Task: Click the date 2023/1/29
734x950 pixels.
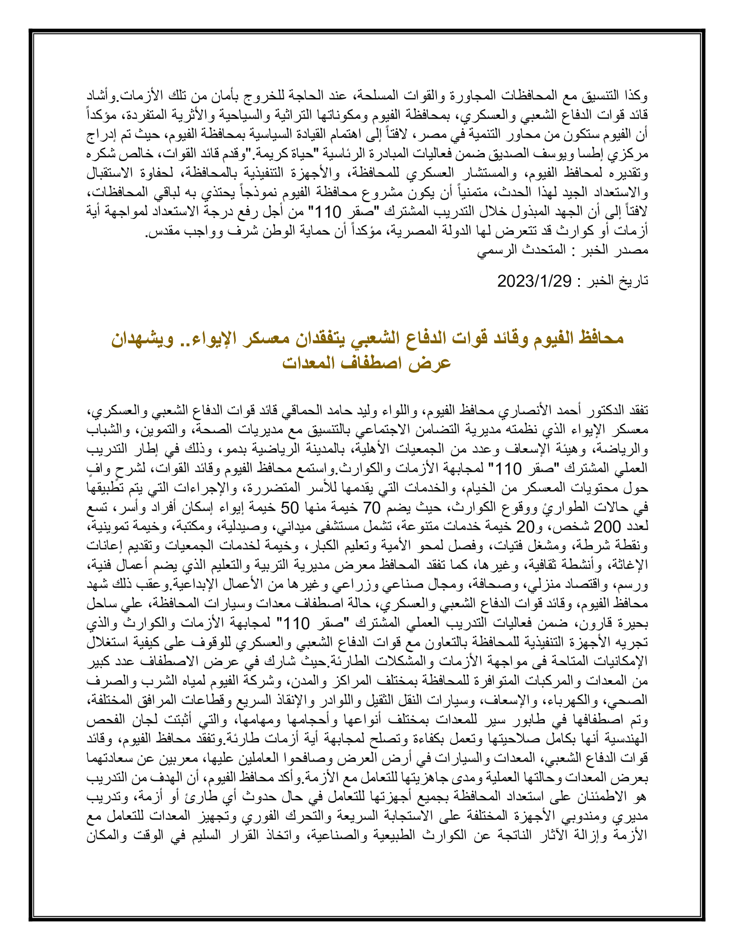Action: tap(534, 282)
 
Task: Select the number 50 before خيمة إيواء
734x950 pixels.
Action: tap(290, 508)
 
